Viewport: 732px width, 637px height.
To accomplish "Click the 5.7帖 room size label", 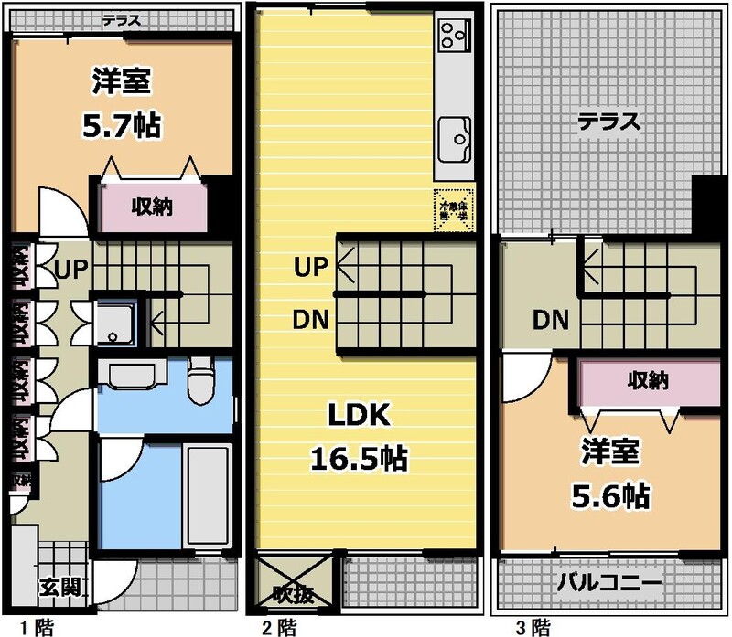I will [x=121, y=125].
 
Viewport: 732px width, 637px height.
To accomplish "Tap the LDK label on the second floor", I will [x=360, y=418].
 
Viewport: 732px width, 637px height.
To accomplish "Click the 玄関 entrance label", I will [x=57, y=586].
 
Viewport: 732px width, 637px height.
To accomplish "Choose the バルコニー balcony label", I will [x=609, y=581].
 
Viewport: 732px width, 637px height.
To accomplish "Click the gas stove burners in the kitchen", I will [x=451, y=37].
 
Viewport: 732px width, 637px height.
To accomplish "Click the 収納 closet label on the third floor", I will [x=646, y=380].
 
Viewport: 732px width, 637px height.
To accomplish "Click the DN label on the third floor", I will [x=551, y=320].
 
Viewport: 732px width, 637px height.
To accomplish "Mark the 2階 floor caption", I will [x=279, y=627].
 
